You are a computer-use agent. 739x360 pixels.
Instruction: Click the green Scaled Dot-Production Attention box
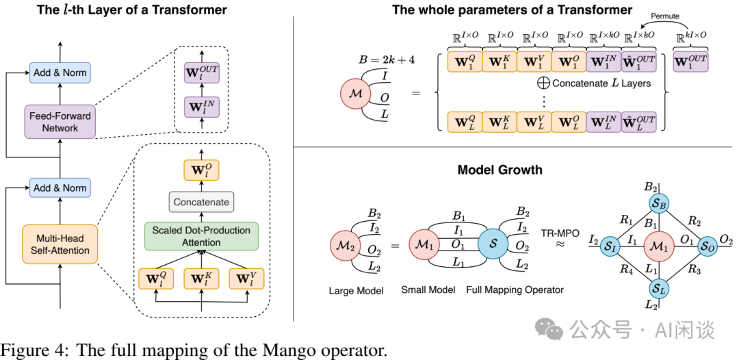[x=201, y=235]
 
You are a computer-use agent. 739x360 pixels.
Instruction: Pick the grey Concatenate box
[x=201, y=202]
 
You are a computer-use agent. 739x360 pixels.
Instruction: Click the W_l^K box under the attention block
[x=201, y=279]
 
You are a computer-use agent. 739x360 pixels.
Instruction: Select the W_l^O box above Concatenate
[x=201, y=169]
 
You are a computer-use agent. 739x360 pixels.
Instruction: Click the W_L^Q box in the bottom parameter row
[x=465, y=122]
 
